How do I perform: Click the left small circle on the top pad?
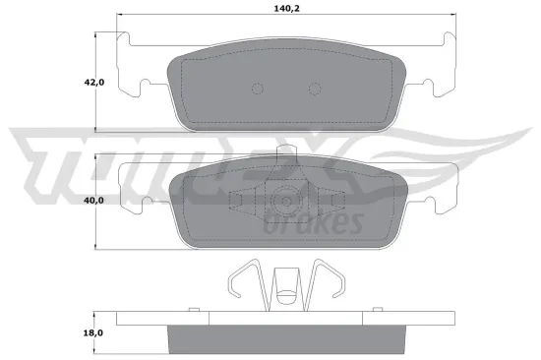[258, 89]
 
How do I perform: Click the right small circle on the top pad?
[316, 89]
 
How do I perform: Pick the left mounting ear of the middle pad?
[133, 187]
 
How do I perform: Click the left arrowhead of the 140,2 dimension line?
[120, 16]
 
